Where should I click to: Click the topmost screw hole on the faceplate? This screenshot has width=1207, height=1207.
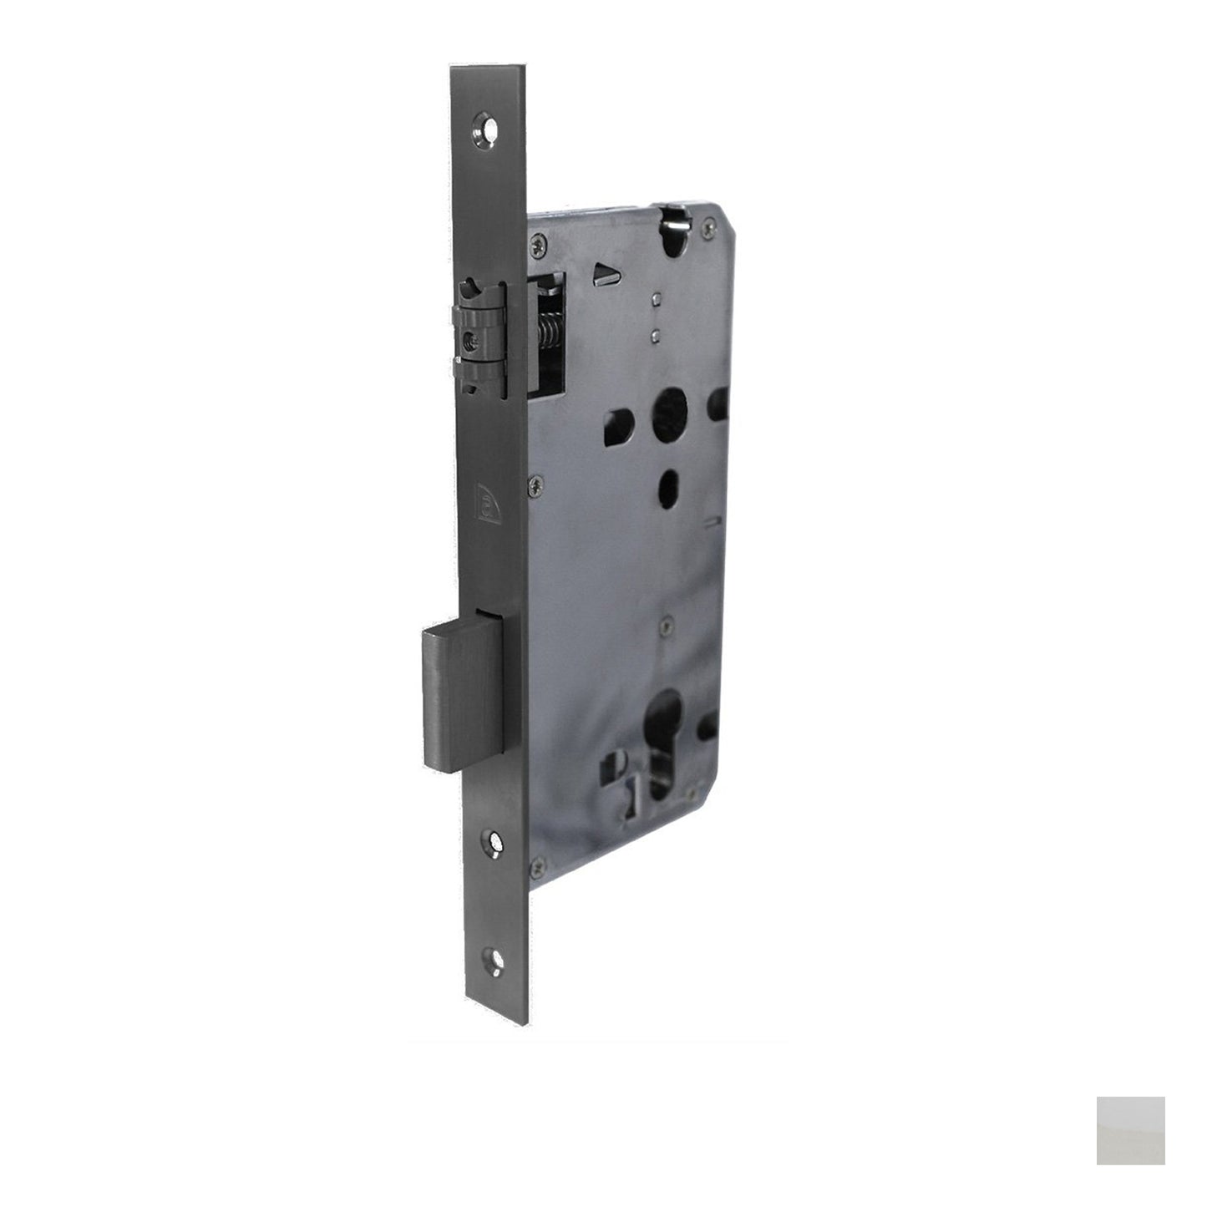(486, 129)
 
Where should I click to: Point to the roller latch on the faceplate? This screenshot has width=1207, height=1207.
(479, 337)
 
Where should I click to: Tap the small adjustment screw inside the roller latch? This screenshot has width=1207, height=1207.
(473, 339)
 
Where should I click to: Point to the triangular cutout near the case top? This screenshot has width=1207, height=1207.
(601, 275)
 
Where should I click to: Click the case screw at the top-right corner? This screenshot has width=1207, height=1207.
(708, 223)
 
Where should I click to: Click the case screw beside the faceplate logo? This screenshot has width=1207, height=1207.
(535, 482)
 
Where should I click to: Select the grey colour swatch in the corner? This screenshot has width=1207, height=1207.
(1130, 1130)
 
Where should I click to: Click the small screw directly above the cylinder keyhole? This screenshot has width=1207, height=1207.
(664, 624)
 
